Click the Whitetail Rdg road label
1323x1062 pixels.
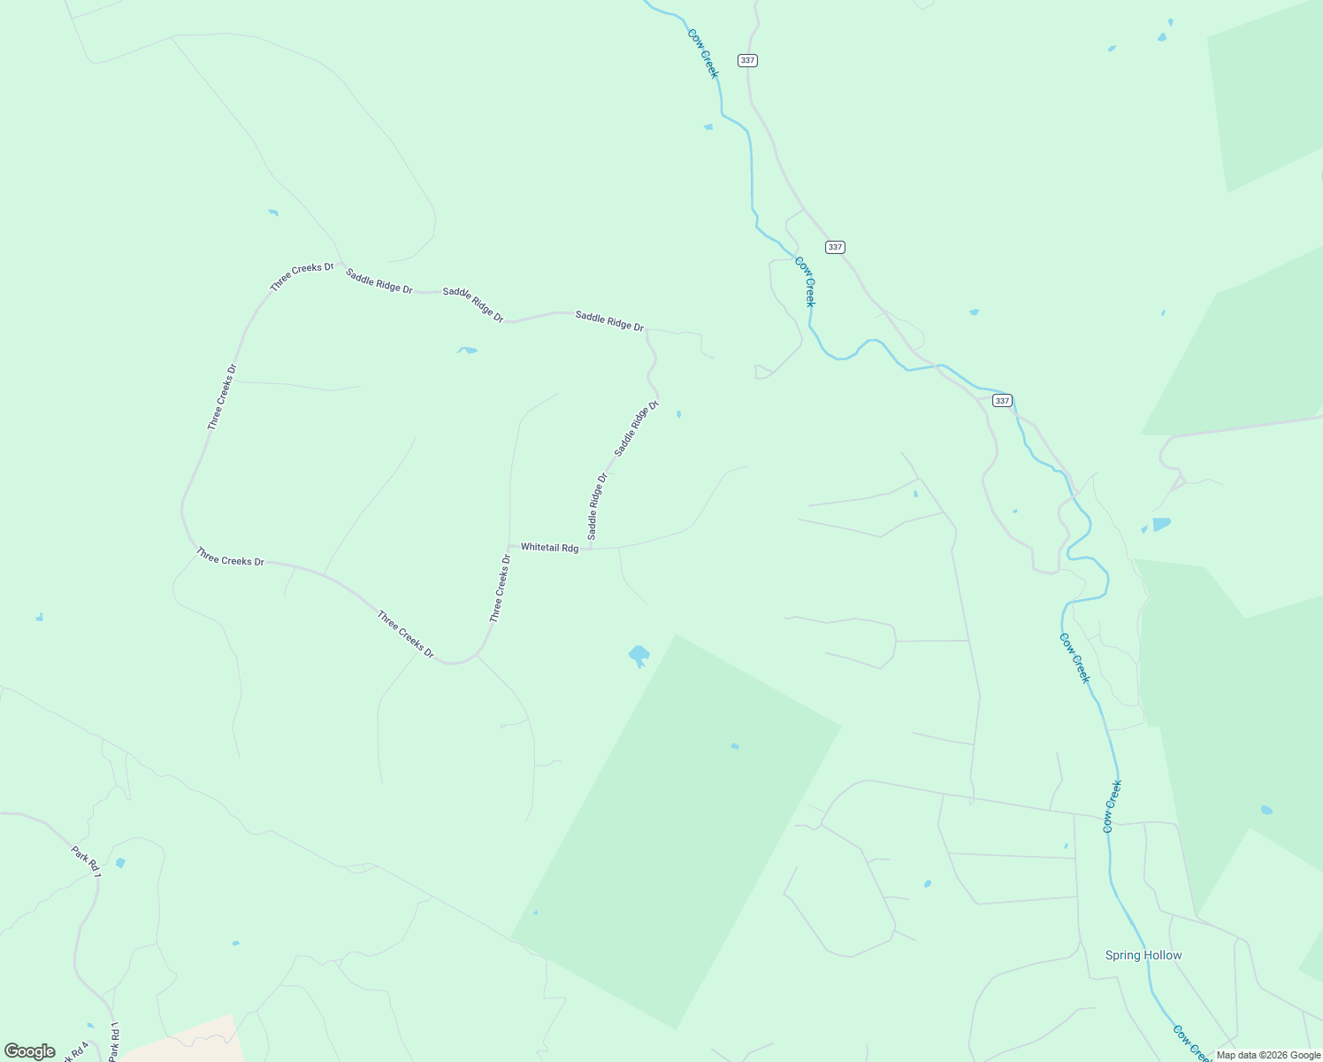click(549, 548)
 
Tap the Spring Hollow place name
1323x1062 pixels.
click(1143, 955)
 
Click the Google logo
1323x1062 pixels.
click(30, 1051)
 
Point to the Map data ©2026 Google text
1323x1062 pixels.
click(1267, 1054)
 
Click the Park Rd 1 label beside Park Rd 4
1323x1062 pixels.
click(113, 1043)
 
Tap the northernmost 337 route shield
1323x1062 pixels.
click(748, 60)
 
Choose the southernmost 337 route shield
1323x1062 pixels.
click(1001, 401)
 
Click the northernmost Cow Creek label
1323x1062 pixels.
click(703, 53)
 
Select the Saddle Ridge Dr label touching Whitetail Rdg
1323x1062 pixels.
click(597, 506)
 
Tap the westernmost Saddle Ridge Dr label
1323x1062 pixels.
click(379, 281)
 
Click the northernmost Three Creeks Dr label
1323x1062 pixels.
click(302, 277)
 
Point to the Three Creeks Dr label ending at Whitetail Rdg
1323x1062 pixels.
click(501, 589)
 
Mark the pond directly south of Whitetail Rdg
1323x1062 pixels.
click(639, 656)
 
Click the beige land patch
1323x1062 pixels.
click(186, 1040)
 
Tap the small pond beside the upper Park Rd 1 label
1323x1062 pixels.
click(120, 863)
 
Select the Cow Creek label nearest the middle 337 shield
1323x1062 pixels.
click(805, 281)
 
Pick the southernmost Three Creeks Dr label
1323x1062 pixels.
click(405, 635)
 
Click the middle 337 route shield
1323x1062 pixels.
click(835, 247)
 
